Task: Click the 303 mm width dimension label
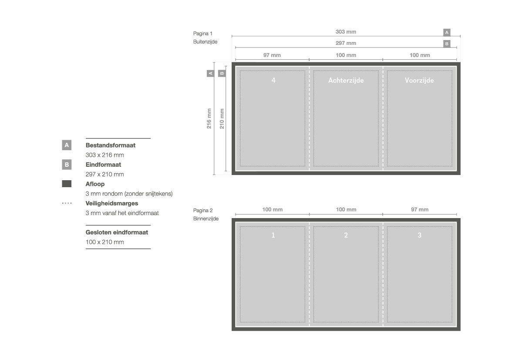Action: click(x=346, y=32)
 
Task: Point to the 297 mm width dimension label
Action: click(x=346, y=43)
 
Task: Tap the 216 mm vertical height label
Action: click(x=209, y=118)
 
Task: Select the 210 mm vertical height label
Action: click(x=222, y=118)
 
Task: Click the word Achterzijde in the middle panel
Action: click(x=346, y=81)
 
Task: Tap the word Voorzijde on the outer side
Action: click(x=419, y=81)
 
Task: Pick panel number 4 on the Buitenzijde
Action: click(x=273, y=80)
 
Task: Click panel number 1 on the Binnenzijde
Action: click(x=273, y=235)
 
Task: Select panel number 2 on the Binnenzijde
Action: click(x=346, y=235)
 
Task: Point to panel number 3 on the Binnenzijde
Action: click(x=419, y=235)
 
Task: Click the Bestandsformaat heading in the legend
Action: click(x=110, y=145)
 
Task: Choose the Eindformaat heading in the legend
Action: click(x=103, y=165)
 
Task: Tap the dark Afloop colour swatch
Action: click(x=67, y=184)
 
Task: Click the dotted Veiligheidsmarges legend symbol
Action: click(x=67, y=203)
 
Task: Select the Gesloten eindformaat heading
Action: click(x=117, y=232)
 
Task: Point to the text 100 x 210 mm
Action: click(x=104, y=242)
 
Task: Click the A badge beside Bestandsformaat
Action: click(x=67, y=145)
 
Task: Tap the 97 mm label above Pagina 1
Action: click(x=272, y=55)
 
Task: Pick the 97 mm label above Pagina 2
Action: click(x=420, y=210)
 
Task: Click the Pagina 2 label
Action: click(x=203, y=210)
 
